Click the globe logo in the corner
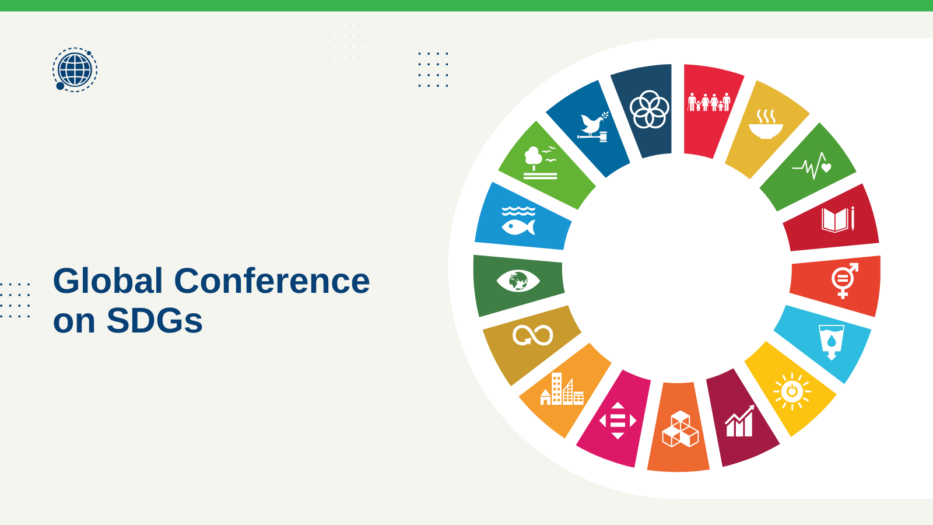point(75,69)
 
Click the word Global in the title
point(108,281)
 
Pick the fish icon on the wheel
point(518,221)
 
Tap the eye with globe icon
point(518,281)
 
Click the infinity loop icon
point(533,335)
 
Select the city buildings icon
point(562,388)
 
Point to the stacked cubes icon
point(680,429)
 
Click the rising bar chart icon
point(740,421)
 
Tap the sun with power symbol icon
point(792,391)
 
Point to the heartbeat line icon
point(812,166)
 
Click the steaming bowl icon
point(766,124)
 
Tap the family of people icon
point(709,102)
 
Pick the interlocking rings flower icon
point(650,109)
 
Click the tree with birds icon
point(540,163)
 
